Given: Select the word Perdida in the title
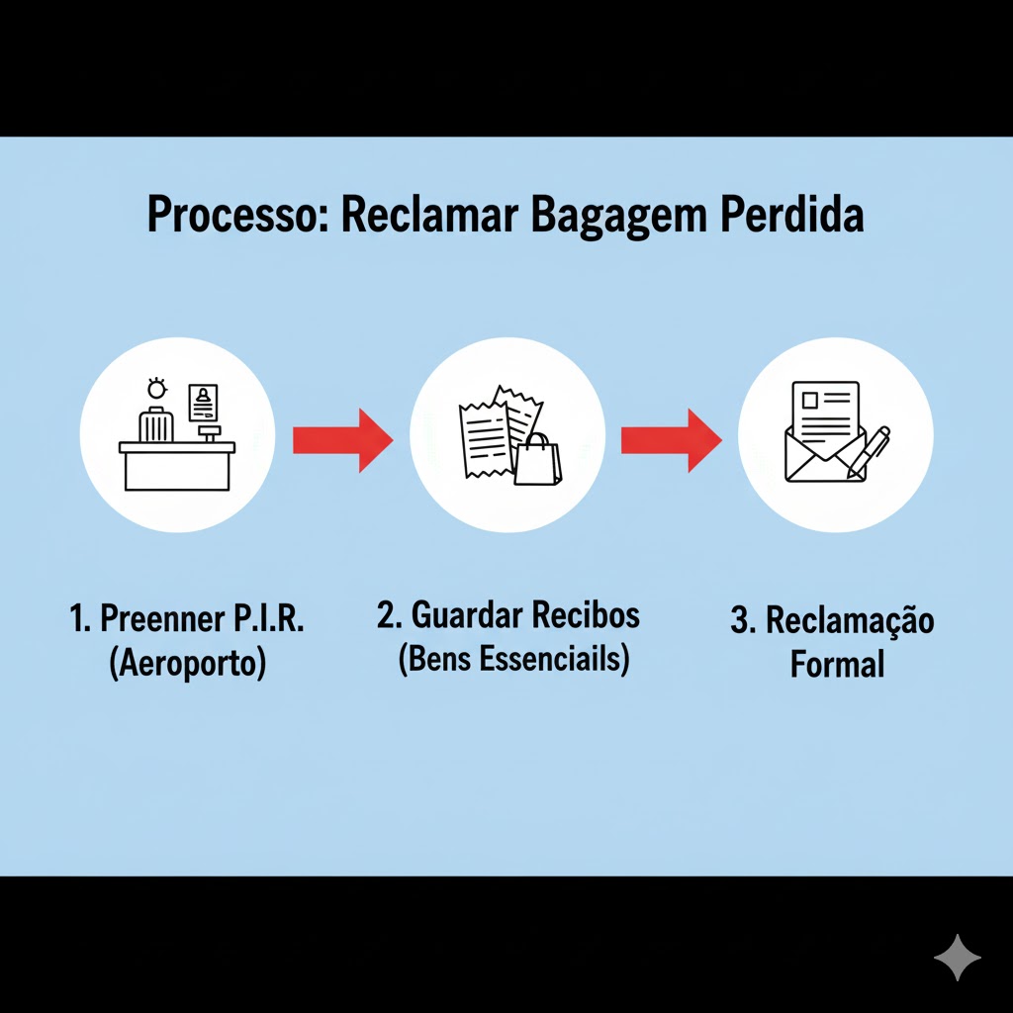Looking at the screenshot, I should click(792, 216).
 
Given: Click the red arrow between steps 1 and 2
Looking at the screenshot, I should click(342, 439).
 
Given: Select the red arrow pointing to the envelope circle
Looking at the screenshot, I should click(671, 439).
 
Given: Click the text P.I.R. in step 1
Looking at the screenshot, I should click(268, 620).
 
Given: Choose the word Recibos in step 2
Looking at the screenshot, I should click(586, 615).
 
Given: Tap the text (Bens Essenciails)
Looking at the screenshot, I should click(513, 659).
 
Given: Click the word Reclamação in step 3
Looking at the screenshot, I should click(850, 621).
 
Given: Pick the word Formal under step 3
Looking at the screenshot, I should click(837, 665).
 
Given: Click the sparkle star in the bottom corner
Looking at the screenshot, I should click(958, 957).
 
